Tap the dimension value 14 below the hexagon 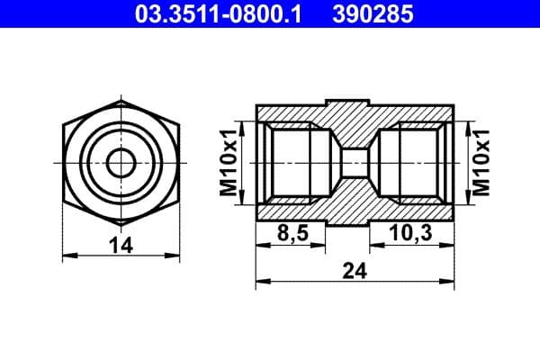(x=120, y=244)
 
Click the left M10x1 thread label (x=229, y=162)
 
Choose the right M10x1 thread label (x=481, y=162)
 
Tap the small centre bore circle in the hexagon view (x=120, y=162)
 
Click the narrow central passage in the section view (x=355, y=162)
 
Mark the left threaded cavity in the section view (x=292, y=162)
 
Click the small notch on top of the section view (x=355, y=100)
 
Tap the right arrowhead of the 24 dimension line (x=449, y=282)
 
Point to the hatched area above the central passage (x=355, y=121)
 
